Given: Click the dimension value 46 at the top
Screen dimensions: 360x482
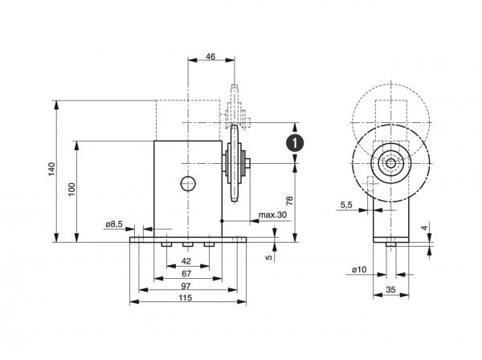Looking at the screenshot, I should pyautogui.click(x=210, y=56).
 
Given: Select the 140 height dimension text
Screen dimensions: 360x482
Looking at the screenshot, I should pyautogui.click(x=51, y=170).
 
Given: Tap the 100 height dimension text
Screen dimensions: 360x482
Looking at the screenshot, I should pyautogui.click(x=71, y=190).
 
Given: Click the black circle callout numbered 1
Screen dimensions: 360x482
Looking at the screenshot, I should pyautogui.click(x=296, y=143).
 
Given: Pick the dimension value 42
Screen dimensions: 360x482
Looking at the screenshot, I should pyautogui.click(x=186, y=261).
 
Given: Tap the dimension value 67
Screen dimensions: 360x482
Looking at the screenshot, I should pyautogui.click(x=186, y=275).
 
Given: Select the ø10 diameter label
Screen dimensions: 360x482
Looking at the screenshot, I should pyautogui.click(x=360, y=269).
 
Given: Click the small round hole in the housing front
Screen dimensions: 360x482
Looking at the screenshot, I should pyautogui.click(x=187, y=184).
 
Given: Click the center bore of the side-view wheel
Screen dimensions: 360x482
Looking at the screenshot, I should pyautogui.click(x=390, y=163).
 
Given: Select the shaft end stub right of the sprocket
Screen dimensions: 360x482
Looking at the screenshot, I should pyautogui.click(x=250, y=164).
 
